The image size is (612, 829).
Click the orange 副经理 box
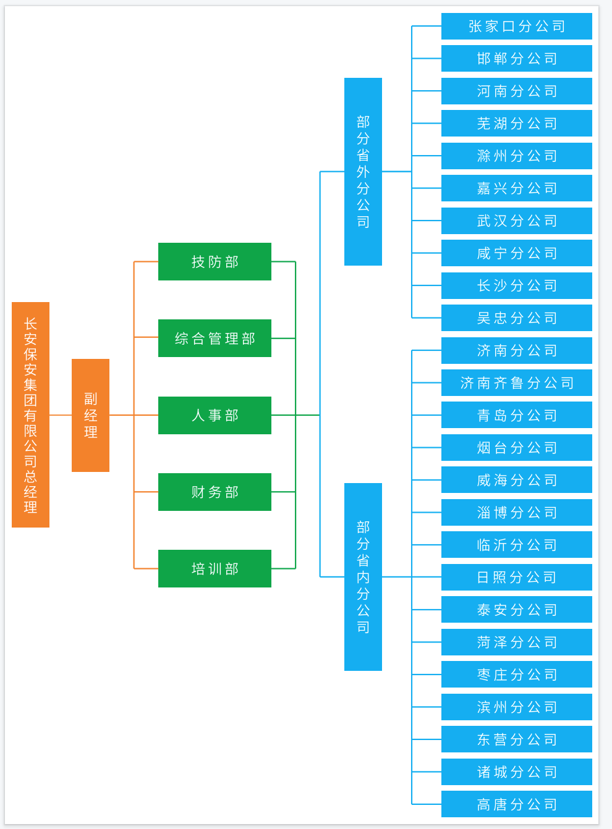click(x=90, y=415)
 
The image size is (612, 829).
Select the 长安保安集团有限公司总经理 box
click(x=30, y=414)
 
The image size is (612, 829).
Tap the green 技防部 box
click(x=215, y=261)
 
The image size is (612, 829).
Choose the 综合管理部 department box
click(x=215, y=338)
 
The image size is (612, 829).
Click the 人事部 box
click(x=215, y=415)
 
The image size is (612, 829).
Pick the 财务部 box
click(x=215, y=492)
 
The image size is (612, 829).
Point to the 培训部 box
click(x=215, y=568)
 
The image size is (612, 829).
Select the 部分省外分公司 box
click(x=363, y=172)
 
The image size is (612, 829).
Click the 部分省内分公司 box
click(x=363, y=576)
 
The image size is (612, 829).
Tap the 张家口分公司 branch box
click(x=516, y=26)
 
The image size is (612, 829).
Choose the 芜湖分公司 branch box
click(x=516, y=123)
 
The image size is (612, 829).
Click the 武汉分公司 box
click(x=516, y=221)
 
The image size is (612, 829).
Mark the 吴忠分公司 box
click(x=516, y=318)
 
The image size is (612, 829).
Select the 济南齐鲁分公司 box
click(x=516, y=382)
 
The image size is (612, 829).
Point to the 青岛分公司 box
click(x=516, y=415)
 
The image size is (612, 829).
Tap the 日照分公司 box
click(x=516, y=577)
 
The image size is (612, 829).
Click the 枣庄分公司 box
click(x=516, y=674)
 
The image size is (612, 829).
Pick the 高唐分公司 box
click(x=516, y=804)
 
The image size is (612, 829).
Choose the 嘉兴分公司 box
click(x=516, y=188)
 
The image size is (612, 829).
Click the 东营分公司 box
click(x=516, y=739)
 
